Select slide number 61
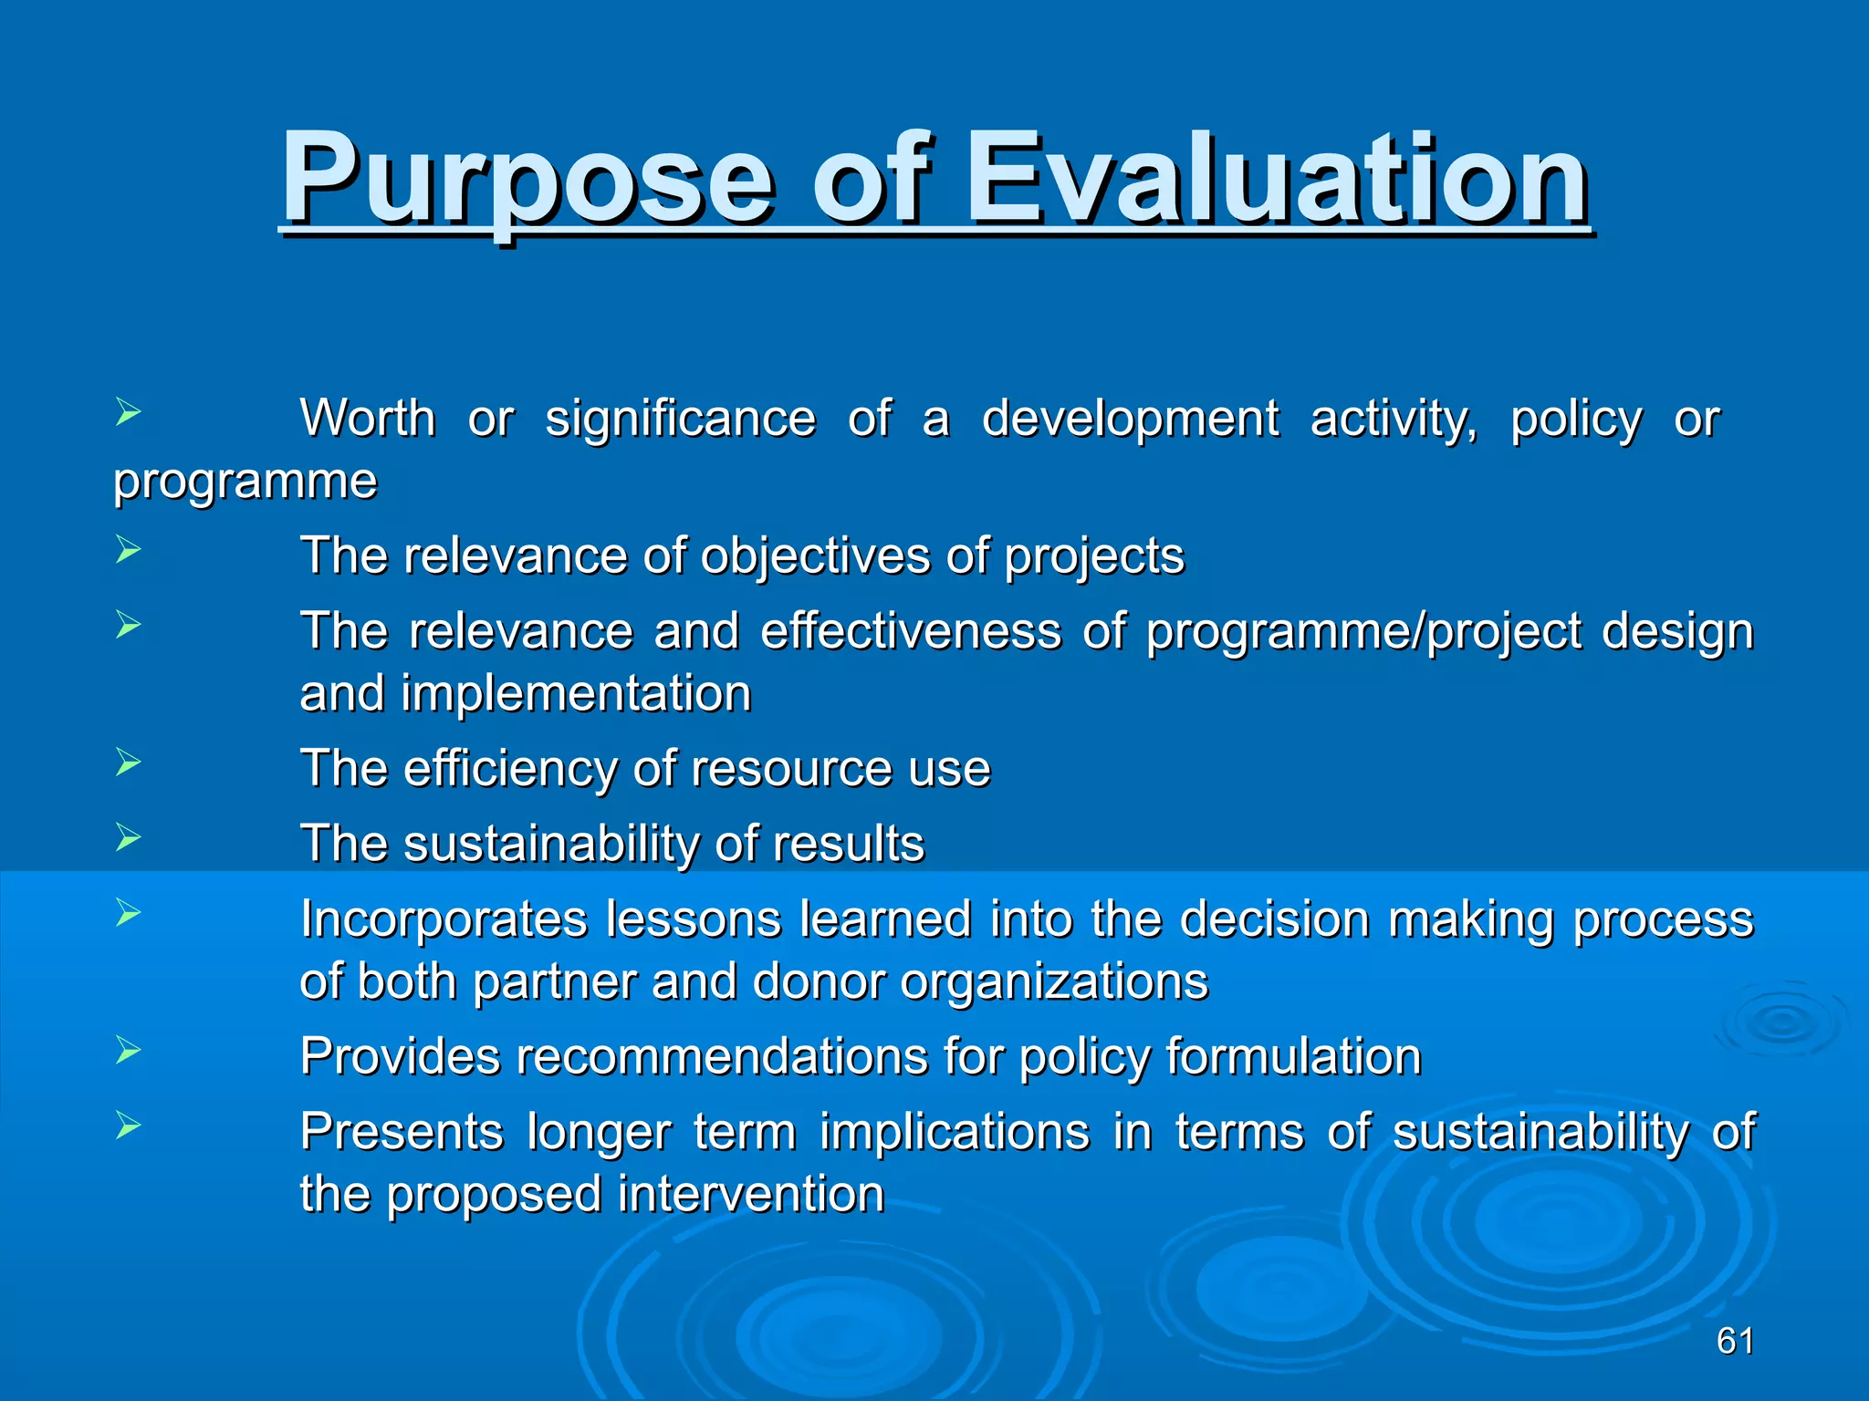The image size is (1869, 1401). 1734,1341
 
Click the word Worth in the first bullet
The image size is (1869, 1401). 368,420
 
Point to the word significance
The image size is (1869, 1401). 680,420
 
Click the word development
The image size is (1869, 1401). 1130,420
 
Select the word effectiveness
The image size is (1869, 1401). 911,631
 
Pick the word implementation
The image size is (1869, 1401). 576,694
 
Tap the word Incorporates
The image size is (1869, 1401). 444,919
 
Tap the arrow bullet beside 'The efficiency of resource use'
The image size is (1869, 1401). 128,762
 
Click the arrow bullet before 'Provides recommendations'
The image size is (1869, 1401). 128,1051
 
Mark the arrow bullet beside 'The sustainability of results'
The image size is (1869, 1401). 128,836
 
